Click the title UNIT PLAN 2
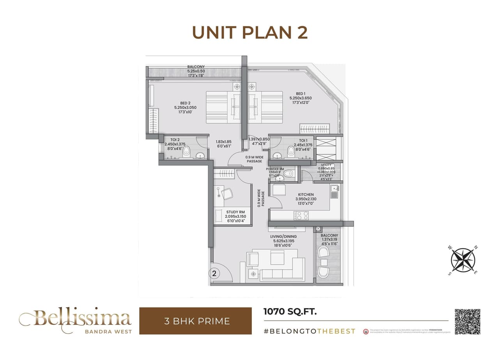click(250, 33)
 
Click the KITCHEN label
click(306, 194)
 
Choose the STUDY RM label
click(235, 212)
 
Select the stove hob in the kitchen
click(301, 215)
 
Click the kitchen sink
click(334, 191)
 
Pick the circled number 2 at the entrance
click(214, 273)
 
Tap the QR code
click(467, 321)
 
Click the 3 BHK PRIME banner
click(195, 321)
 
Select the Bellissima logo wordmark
click(75, 318)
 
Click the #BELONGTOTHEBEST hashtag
click(310, 331)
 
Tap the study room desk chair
click(226, 193)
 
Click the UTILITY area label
click(326, 165)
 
